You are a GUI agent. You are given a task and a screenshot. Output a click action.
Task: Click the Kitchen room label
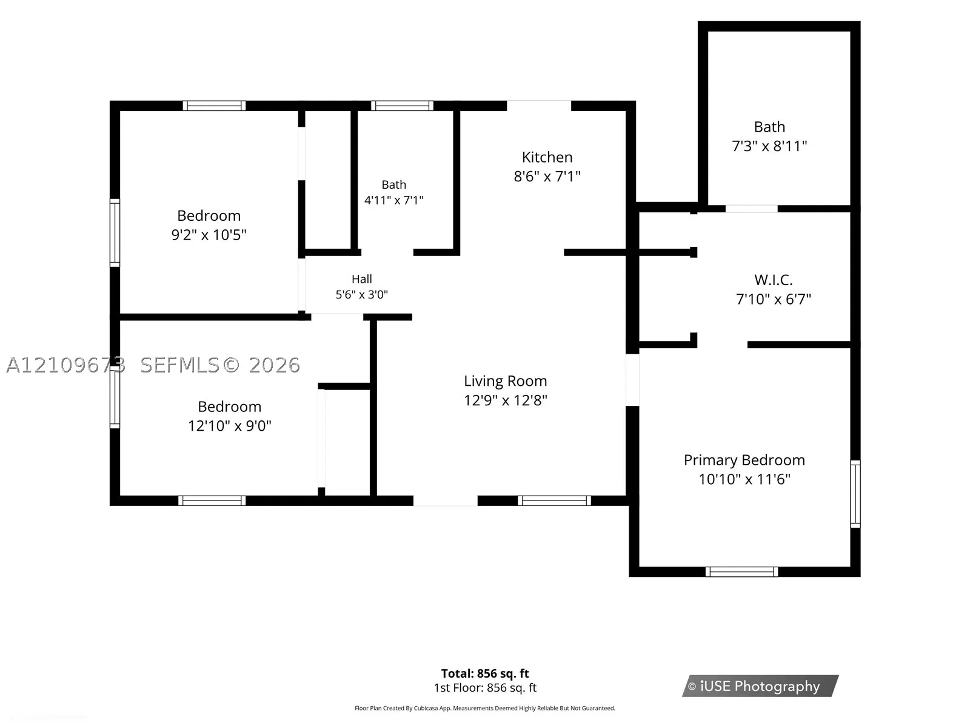(x=547, y=157)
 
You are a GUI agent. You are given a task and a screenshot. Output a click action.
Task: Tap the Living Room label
(x=505, y=380)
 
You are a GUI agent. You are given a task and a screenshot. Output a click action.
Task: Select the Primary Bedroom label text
(x=744, y=460)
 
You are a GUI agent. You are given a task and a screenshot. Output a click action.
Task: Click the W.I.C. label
(x=774, y=280)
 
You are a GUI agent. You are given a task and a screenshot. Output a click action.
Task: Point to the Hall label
(x=361, y=279)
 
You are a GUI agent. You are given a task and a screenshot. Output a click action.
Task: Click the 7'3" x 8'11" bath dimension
(x=769, y=146)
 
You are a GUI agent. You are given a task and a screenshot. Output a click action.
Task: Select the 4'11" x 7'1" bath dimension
(x=393, y=200)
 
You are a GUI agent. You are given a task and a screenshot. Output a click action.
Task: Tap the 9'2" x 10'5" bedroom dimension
(x=209, y=235)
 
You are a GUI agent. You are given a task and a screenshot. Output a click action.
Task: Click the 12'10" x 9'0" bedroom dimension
(x=229, y=426)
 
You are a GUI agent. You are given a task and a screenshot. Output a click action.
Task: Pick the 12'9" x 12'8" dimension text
(x=505, y=400)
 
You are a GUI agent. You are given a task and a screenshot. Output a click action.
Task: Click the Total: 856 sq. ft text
(x=485, y=673)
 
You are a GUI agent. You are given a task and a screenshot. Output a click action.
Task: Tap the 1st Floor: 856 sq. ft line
(x=485, y=688)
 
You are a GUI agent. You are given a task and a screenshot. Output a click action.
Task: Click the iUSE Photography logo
(x=760, y=686)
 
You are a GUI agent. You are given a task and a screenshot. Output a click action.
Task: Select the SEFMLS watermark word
(x=179, y=365)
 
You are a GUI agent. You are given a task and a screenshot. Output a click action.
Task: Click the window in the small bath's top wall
(x=402, y=106)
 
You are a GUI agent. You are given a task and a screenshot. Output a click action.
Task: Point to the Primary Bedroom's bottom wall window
(x=741, y=571)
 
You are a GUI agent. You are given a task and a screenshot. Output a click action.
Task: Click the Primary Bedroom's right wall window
(x=855, y=494)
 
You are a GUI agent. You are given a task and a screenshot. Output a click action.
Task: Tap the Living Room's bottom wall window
(x=554, y=500)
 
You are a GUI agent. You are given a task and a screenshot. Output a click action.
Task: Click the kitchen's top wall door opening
(x=539, y=106)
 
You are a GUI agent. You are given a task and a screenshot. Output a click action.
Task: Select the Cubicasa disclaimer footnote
(x=485, y=708)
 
